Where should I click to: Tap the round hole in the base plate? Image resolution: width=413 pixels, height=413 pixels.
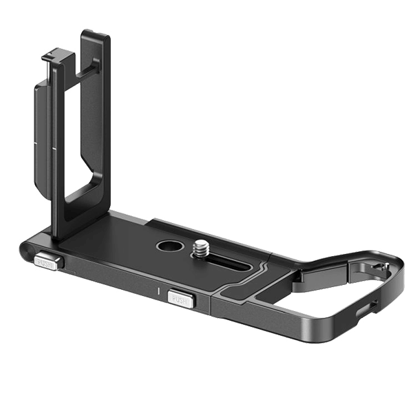coord(167,246)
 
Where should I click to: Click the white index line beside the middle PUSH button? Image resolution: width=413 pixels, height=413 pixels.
coord(160,291)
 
